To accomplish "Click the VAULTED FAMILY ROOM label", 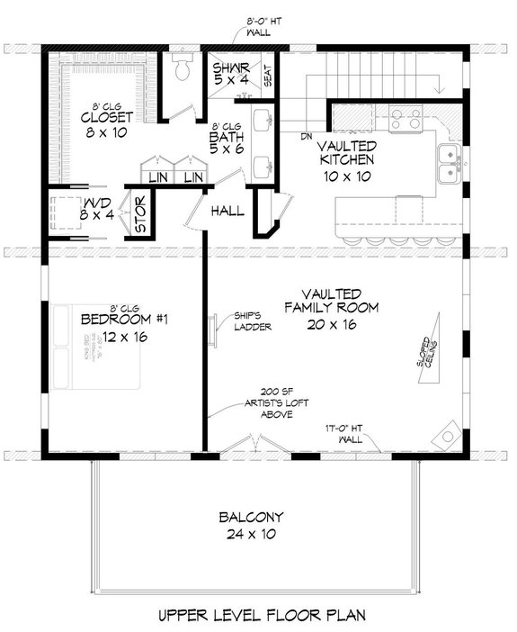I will coord(333,309).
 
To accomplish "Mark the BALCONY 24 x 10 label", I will coord(252,525).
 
